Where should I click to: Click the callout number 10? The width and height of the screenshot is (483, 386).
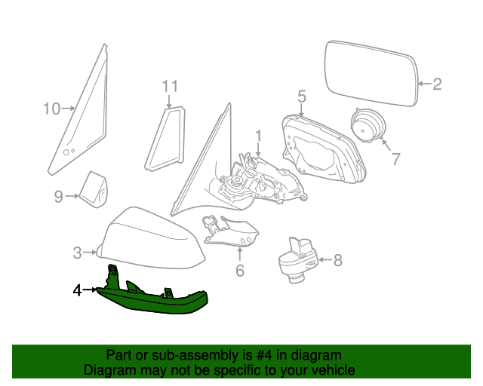click(x=51, y=109)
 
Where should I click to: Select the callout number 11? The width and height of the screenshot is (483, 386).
click(x=169, y=87)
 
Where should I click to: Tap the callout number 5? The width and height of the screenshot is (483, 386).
click(x=301, y=96)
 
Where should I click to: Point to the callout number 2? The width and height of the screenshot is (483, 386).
click(x=437, y=84)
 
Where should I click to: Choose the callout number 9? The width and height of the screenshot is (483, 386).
click(x=59, y=197)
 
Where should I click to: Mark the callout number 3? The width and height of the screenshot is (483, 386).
click(x=77, y=253)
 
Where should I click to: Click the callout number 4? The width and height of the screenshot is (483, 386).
click(x=77, y=289)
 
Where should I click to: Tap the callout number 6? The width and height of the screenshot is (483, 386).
click(x=240, y=270)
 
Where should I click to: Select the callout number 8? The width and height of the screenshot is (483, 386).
click(x=337, y=261)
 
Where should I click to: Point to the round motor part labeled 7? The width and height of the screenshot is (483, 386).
click(x=369, y=127)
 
